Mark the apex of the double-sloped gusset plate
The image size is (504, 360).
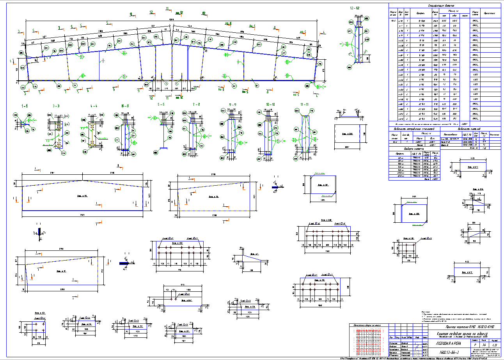(82, 181)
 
